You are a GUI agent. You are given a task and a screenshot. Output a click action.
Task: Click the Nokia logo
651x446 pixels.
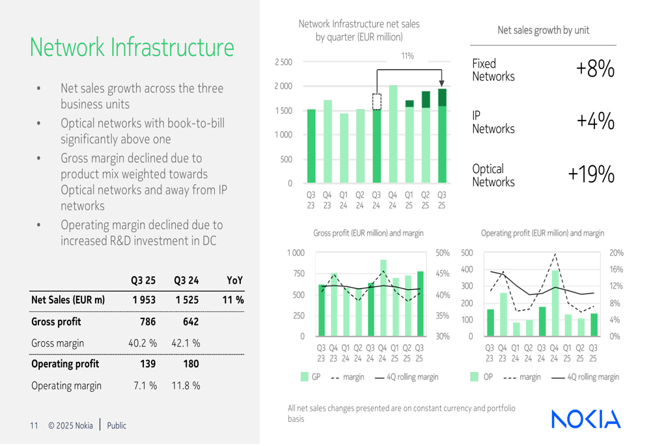(586, 419)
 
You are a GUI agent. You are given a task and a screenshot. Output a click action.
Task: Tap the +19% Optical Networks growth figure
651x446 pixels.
(591, 175)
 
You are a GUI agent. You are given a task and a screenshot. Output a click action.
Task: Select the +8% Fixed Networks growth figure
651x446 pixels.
(595, 69)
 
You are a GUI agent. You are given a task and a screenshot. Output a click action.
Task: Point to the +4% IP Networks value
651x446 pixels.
(595, 122)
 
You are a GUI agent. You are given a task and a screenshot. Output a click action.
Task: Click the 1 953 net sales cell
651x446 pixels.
(143, 300)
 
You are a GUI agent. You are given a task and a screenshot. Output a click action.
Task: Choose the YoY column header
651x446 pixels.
(235, 281)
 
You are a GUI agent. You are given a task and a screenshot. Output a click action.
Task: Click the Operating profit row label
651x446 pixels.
(65, 364)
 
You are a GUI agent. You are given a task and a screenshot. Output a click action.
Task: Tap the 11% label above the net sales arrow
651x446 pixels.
(408, 56)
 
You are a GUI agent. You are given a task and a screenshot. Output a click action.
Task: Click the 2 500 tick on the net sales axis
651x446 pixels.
(283, 63)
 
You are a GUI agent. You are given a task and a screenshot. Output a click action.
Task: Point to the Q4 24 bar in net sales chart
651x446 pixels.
(393, 133)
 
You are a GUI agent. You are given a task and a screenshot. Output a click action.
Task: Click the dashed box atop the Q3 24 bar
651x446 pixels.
(377, 102)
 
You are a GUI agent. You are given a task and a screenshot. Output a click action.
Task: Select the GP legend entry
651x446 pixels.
(311, 376)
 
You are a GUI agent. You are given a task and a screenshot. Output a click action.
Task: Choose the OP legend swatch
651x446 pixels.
(474, 376)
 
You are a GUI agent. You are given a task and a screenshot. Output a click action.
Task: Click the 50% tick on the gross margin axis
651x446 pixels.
(442, 253)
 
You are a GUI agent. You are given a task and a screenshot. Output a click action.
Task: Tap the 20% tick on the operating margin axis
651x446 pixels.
(616, 253)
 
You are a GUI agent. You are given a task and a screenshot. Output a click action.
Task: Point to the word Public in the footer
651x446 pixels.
(117, 426)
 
